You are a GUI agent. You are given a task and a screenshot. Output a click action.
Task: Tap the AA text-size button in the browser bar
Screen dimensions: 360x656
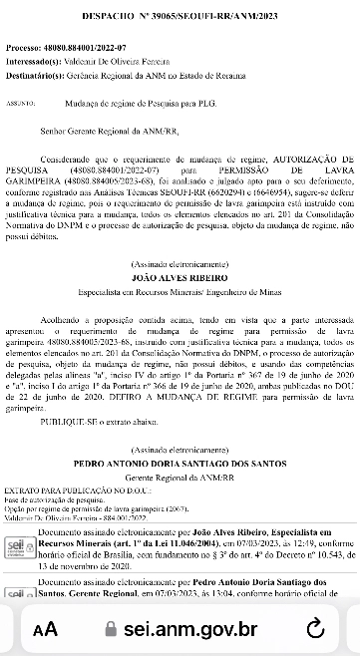click(x=46, y=629)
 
